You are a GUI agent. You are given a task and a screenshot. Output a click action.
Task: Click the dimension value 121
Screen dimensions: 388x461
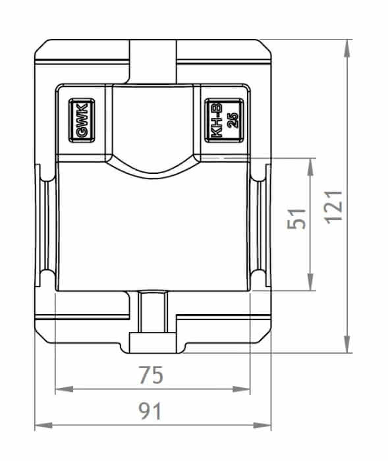click(x=334, y=207)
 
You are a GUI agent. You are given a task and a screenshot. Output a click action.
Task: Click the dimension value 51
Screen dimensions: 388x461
click(x=296, y=219)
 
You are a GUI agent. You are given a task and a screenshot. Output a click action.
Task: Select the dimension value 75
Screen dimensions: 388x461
click(x=151, y=375)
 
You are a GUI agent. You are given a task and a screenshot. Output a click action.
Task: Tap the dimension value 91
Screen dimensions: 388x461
click(x=150, y=411)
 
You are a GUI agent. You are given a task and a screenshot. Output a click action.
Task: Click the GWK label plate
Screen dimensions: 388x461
click(x=82, y=121)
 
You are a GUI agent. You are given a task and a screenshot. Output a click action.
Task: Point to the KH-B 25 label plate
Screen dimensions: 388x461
click(x=224, y=121)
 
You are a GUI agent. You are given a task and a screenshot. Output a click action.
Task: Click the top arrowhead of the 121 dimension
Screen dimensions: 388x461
click(x=348, y=48)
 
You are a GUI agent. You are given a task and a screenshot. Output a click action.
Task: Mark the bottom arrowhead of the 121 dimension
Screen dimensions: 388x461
click(x=348, y=344)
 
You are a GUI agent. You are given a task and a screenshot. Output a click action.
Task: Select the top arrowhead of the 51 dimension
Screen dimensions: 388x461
click(x=310, y=167)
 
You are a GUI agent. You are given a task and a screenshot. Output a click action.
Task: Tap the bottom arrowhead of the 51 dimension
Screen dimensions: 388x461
click(x=310, y=282)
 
